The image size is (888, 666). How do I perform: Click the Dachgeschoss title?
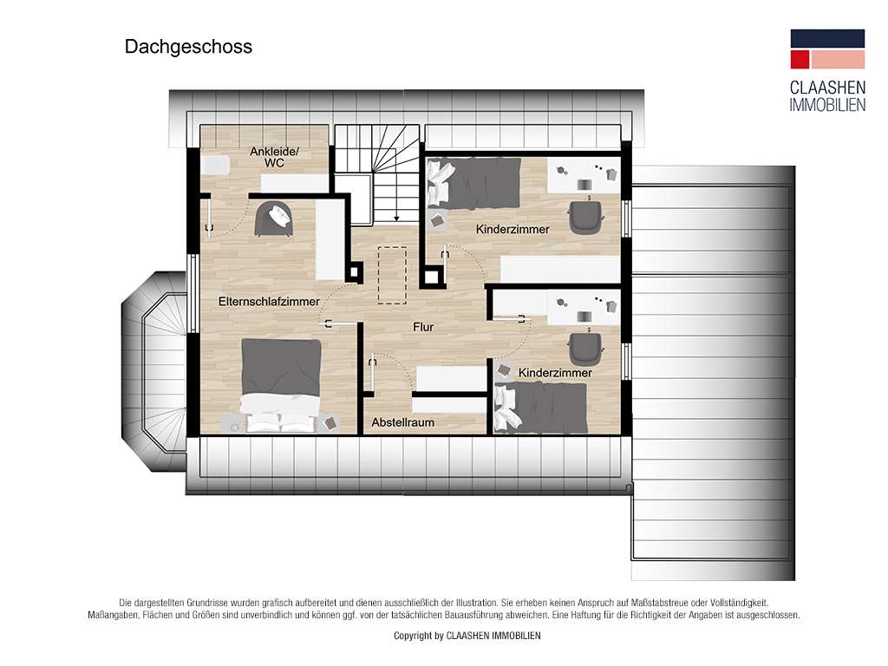(188, 47)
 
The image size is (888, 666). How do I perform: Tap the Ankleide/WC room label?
(274, 157)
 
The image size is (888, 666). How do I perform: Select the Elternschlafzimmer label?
(269, 301)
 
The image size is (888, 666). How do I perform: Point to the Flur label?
(423, 327)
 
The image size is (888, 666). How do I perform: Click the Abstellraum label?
(402, 422)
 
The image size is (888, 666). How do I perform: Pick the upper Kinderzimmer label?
(513, 229)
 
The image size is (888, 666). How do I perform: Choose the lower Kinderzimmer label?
(555, 373)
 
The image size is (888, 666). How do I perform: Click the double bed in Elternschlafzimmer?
(281, 385)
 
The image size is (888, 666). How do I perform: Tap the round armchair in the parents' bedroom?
(275, 219)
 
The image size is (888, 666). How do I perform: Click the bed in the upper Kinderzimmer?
(473, 182)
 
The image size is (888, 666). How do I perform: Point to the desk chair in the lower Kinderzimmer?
(585, 349)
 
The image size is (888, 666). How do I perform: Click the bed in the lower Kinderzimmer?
(540, 408)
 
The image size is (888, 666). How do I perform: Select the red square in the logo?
(800, 60)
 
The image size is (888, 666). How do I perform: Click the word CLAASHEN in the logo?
(827, 88)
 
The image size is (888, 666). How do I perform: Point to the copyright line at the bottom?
(467, 636)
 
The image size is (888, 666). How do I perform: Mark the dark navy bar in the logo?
(827, 38)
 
